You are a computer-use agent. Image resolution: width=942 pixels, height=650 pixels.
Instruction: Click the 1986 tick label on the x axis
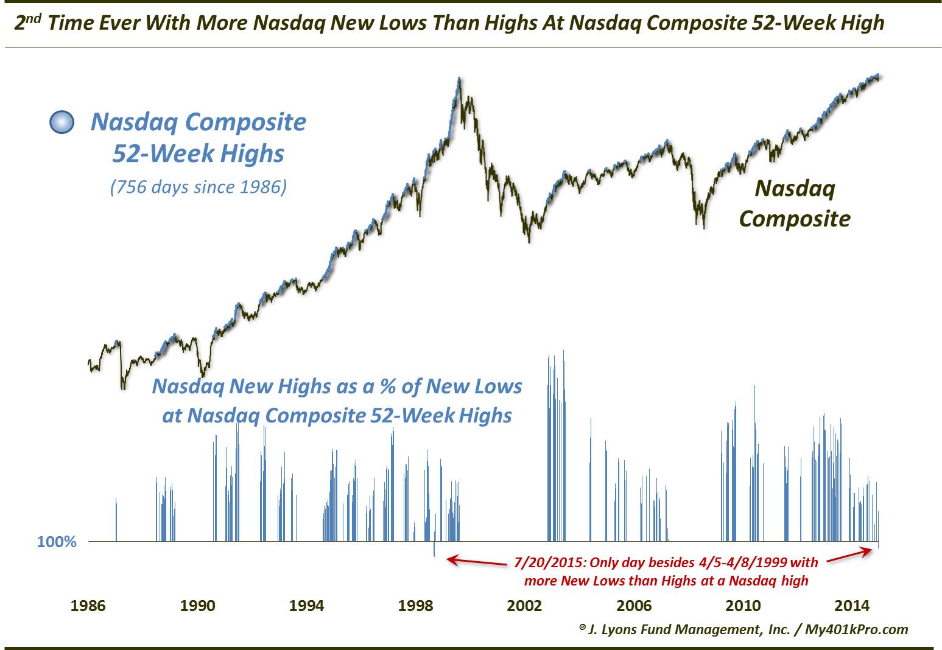click(88, 606)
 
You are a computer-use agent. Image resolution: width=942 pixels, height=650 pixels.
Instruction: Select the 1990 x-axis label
click(197, 606)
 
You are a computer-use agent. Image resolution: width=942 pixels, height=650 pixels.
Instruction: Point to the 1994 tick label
click(306, 606)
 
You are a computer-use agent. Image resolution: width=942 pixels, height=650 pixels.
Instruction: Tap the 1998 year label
click(415, 606)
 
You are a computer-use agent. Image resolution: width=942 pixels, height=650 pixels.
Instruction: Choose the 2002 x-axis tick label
click(524, 606)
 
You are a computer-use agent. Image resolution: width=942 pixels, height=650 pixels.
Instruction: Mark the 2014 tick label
click(851, 606)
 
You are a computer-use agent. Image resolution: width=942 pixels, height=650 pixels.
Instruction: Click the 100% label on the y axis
click(57, 541)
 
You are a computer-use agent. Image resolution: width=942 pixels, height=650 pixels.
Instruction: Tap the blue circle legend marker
click(62, 123)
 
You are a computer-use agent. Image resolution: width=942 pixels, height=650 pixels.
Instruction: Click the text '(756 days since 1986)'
click(198, 187)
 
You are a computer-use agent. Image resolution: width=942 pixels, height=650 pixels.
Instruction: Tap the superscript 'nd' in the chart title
click(33, 18)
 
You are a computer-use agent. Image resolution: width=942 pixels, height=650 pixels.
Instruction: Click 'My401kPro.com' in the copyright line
click(856, 629)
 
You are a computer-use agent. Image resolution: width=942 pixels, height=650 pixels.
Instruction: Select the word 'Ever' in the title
click(104, 24)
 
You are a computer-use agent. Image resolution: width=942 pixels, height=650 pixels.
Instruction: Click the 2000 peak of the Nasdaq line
click(459, 78)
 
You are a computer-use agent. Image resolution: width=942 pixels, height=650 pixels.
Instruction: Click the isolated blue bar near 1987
click(116, 519)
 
